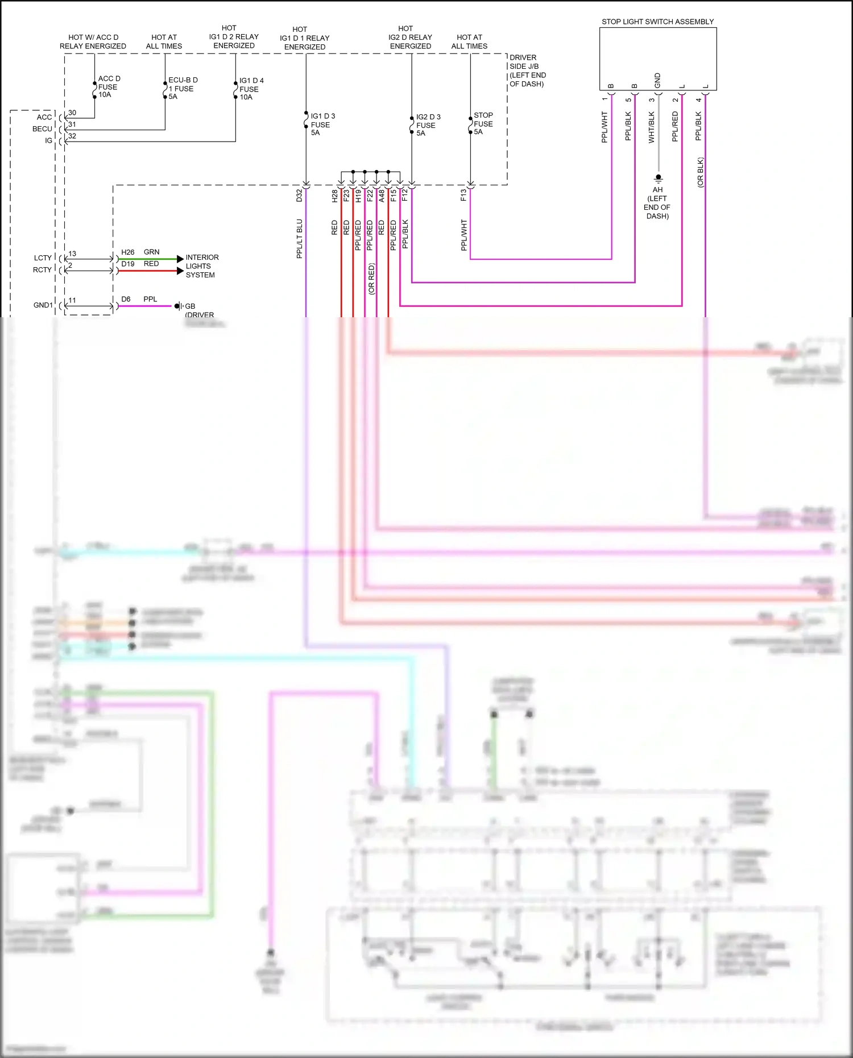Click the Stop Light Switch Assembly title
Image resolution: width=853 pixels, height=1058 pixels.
click(x=657, y=22)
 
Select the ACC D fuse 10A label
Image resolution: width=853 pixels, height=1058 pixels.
click(x=108, y=87)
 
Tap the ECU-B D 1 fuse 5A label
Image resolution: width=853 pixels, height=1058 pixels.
click(x=182, y=88)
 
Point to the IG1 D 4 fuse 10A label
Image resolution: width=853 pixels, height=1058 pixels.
click(x=251, y=89)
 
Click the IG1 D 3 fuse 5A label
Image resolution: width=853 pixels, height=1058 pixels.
click(x=322, y=124)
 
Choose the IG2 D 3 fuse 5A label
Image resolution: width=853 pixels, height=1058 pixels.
click(x=428, y=125)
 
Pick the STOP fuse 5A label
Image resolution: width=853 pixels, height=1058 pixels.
click(x=483, y=123)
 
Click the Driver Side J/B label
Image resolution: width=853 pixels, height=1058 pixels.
click(x=527, y=70)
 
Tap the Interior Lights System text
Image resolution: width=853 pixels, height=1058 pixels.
click(x=202, y=266)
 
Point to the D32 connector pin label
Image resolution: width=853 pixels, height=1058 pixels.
click(x=299, y=196)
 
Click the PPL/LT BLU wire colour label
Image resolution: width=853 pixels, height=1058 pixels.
click(x=299, y=239)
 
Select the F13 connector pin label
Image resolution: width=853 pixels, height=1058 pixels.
click(x=463, y=196)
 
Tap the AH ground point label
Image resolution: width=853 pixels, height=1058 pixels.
click(x=657, y=202)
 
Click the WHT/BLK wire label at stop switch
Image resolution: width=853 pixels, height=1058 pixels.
click(x=652, y=127)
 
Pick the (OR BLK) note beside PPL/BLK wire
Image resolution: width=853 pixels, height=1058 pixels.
click(x=701, y=172)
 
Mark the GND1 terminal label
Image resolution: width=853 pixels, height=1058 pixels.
click(x=43, y=305)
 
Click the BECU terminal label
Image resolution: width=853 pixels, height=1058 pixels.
click(x=42, y=129)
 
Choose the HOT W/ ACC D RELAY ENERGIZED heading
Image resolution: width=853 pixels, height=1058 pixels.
click(x=93, y=42)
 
